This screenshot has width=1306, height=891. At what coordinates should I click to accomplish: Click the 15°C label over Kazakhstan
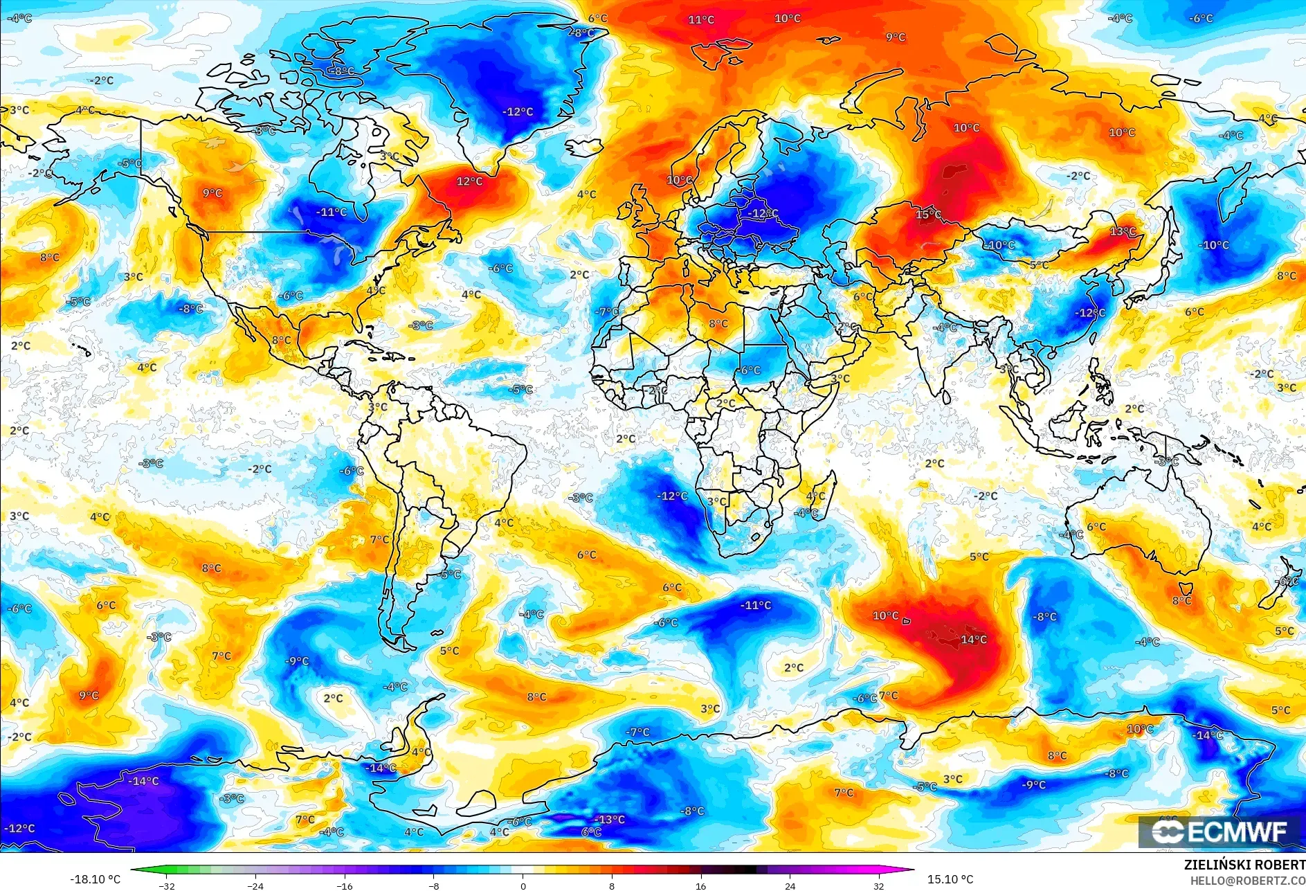928,214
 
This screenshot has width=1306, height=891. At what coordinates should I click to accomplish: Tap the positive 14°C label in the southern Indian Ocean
974,639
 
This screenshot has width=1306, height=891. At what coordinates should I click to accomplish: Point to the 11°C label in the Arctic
700,19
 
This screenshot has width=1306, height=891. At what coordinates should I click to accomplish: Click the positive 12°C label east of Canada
469,181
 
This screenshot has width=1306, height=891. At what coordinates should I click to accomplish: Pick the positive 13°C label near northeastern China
1123,231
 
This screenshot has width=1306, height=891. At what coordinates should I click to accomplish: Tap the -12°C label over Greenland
518,111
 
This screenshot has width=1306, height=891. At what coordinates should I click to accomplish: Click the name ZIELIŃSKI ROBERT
1244,865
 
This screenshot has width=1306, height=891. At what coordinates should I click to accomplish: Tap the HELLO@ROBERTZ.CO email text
1247,880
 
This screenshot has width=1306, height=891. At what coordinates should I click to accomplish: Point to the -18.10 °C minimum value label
95,879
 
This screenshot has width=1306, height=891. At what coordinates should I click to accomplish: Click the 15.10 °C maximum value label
950,879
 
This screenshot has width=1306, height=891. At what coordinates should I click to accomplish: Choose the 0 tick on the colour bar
523,885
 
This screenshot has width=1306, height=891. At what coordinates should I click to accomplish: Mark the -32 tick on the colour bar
167,885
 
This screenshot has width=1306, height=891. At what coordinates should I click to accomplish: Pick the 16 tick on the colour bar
701,885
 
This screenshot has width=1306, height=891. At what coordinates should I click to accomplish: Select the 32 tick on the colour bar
879,885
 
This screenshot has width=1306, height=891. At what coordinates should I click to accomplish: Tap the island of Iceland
585,147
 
